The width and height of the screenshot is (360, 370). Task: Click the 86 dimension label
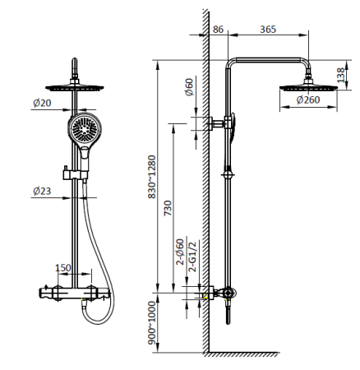pyautogui.click(x=218, y=30)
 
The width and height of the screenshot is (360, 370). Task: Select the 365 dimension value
pyautogui.click(x=268, y=30)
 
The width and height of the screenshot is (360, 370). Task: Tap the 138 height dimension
pyautogui.click(x=340, y=75)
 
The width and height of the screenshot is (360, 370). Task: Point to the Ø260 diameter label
pyautogui.click(x=308, y=99)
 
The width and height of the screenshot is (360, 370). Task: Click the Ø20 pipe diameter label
pyautogui.click(x=42, y=103)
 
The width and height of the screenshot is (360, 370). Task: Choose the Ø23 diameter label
pyautogui.click(x=42, y=191)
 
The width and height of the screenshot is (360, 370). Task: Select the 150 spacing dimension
pyautogui.click(x=63, y=268)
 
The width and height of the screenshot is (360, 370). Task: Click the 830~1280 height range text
pyautogui.click(x=152, y=177)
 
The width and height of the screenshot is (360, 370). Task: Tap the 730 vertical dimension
pyautogui.click(x=168, y=208)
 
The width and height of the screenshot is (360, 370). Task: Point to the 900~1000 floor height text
pyautogui.click(x=151, y=323)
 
